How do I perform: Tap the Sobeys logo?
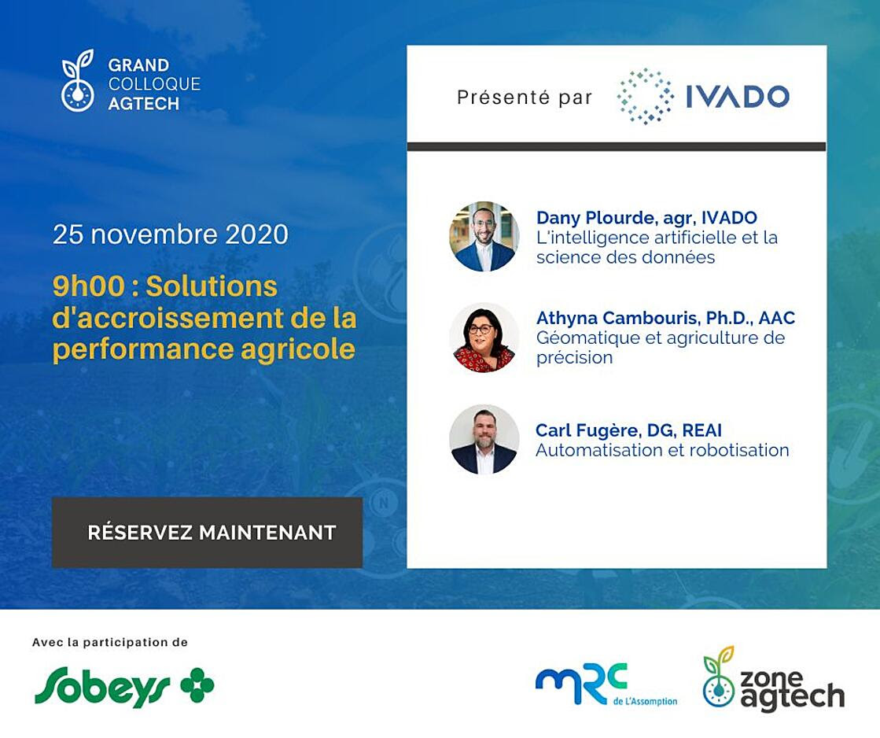click(124, 685)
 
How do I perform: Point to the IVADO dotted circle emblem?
click(645, 96)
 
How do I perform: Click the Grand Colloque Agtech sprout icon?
click(77, 80)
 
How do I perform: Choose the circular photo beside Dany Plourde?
click(484, 237)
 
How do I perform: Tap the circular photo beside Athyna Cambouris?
click(484, 338)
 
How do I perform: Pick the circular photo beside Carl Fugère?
click(484, 439)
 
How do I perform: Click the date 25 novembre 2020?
click(171, 234)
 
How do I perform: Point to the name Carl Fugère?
click(586, 431)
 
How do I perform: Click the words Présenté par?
click(525, 98)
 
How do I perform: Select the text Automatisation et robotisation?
click(662, 450)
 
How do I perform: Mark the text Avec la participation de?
click(110, 643)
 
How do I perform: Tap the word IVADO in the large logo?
click(738, 96)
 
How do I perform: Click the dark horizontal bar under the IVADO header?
click(617, 146)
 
